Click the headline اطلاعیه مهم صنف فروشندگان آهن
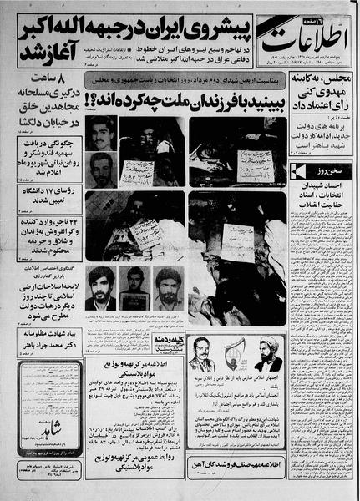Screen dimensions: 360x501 pyautogui.click(x=241, y=461)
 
